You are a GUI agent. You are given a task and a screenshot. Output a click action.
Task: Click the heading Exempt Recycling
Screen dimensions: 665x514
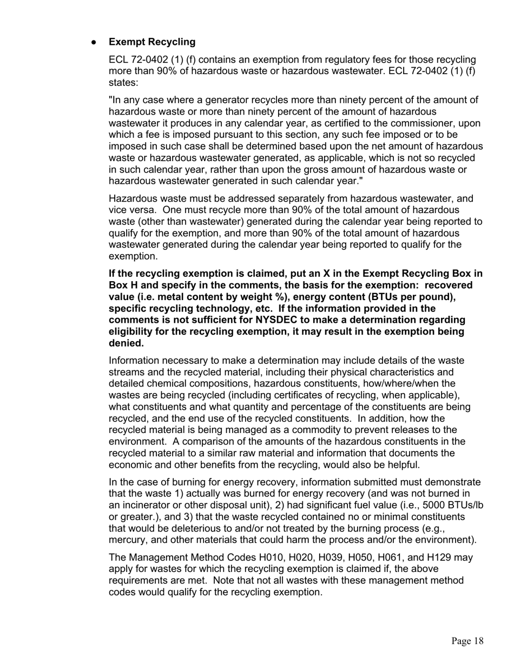[152, 42]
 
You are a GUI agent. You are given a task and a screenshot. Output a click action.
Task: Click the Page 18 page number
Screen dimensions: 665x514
[467, 641]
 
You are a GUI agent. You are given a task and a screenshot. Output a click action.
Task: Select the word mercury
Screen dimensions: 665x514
[128, 540]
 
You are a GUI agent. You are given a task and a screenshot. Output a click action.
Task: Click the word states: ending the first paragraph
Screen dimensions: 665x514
[123, 83]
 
